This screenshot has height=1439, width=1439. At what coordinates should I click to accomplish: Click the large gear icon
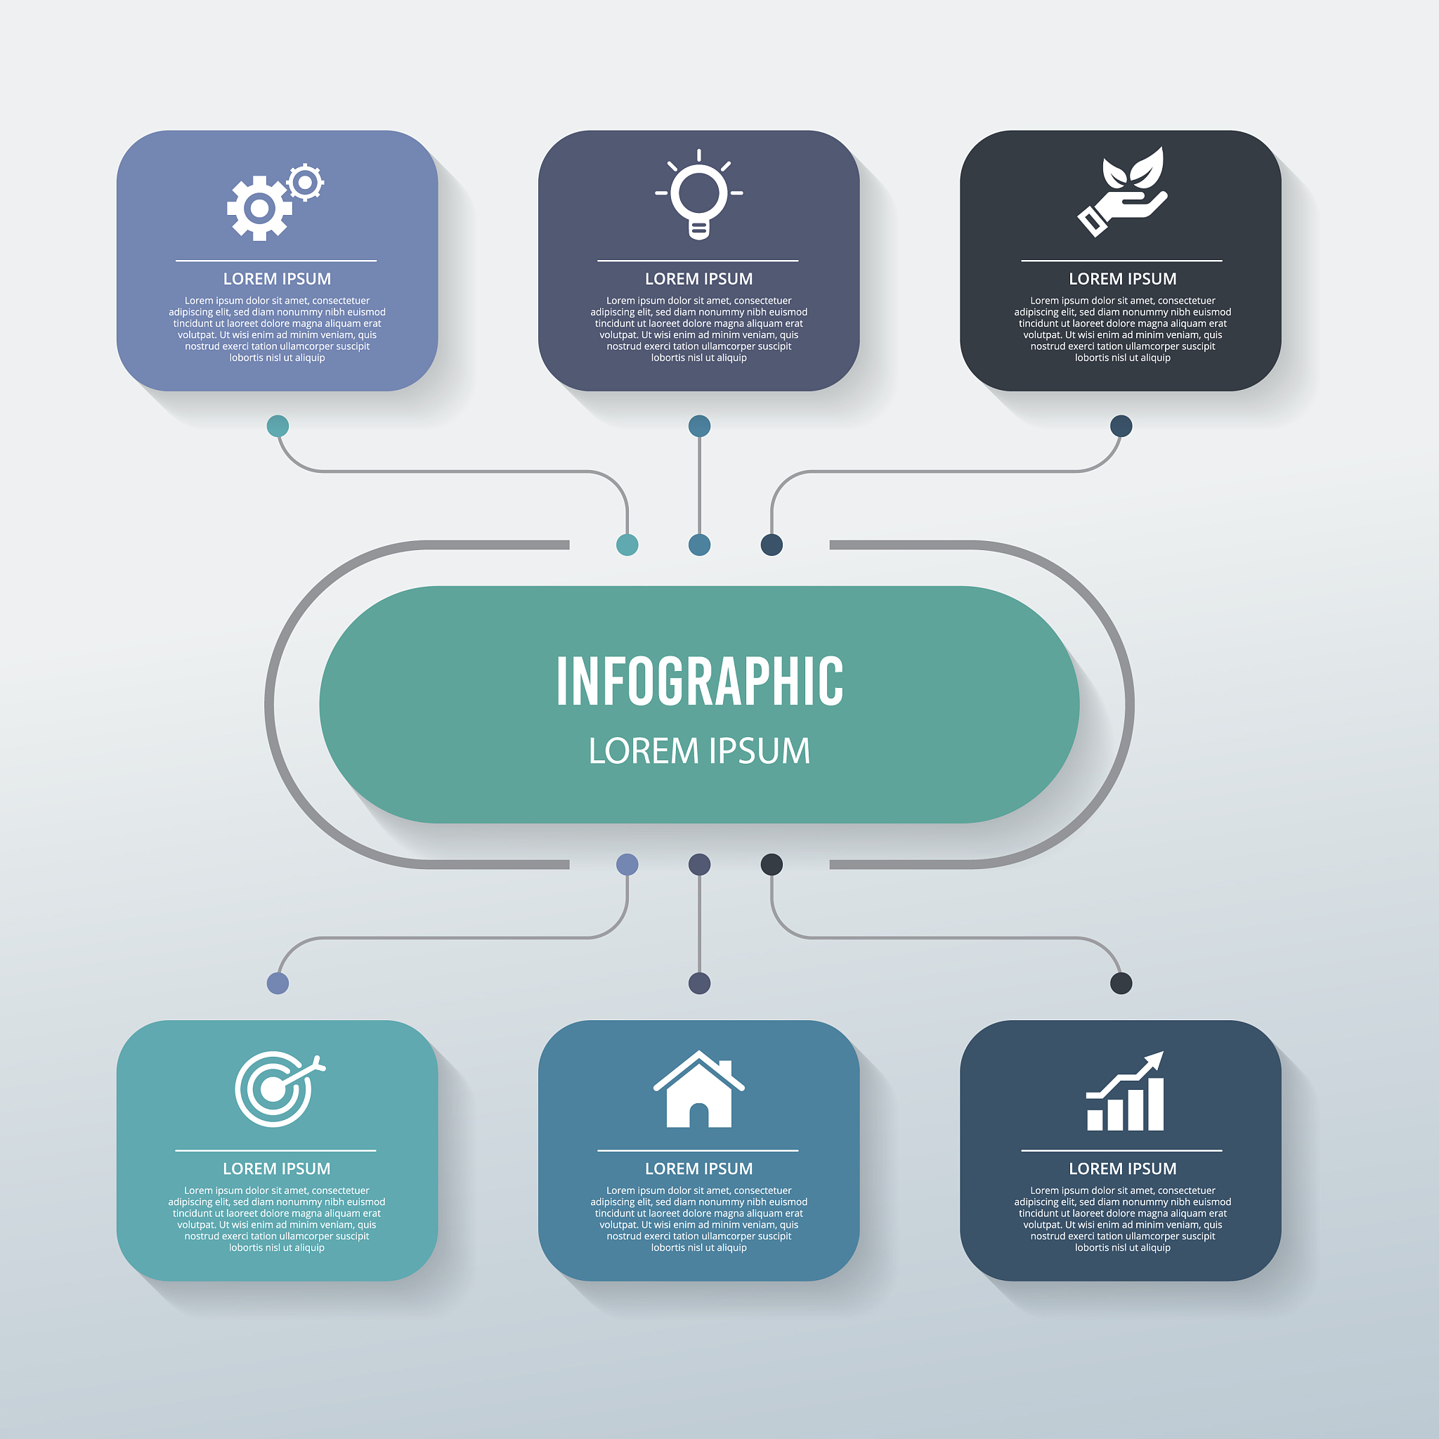click(259, 208)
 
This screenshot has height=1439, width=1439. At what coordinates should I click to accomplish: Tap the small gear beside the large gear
click(305, 182)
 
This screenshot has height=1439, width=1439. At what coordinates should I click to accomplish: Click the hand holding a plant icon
click(1122, 191)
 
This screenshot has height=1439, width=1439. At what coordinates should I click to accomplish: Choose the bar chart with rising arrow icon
click(1125, 1091)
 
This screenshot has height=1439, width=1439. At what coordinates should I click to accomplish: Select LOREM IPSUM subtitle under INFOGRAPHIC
click(699, 751)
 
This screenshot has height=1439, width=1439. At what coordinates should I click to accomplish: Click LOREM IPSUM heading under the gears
click(277, 278)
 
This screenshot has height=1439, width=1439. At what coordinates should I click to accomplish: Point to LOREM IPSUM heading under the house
click(698, 1168)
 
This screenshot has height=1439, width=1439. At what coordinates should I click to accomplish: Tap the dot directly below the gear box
click(278, 426)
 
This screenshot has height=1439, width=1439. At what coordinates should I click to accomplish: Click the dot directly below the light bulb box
click(699, 426)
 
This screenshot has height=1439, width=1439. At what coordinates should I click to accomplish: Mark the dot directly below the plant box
click(1121, 426)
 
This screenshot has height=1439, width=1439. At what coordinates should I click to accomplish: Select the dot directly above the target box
click(278, 983)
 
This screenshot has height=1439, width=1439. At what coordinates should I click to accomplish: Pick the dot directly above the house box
click(699, 983)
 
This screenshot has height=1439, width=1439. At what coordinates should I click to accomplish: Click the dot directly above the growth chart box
click(1121, 983)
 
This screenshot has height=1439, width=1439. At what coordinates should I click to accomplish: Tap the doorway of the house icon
click(698, 1115)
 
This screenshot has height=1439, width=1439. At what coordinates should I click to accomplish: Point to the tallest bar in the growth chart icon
click(1155, 1105)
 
